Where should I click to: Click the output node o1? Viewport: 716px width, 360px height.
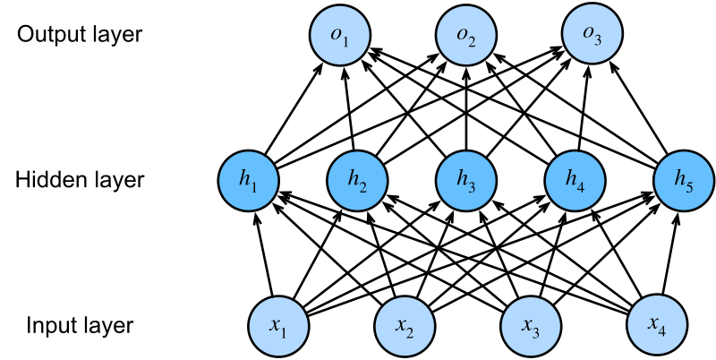point(340,36)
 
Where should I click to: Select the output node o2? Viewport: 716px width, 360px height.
point(466,36)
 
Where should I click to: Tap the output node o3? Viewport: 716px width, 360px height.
point(592,36)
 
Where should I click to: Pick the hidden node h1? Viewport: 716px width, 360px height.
point(249,181)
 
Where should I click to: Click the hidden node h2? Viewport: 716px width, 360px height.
point(357,181)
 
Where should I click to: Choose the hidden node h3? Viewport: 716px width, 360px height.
point(466,181)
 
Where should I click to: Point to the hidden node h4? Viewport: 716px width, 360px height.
point(575,181)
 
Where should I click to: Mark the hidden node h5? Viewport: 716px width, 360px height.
point(684,181)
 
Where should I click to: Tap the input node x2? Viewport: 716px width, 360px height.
point(405,325)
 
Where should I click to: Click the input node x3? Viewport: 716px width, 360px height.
point(531,325)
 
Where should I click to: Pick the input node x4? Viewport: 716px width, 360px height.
point(657,325)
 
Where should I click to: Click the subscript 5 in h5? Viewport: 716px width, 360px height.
point(689,188)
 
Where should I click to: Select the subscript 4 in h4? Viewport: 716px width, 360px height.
point(581,188)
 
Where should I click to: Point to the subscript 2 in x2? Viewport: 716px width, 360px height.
point(410,332)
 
